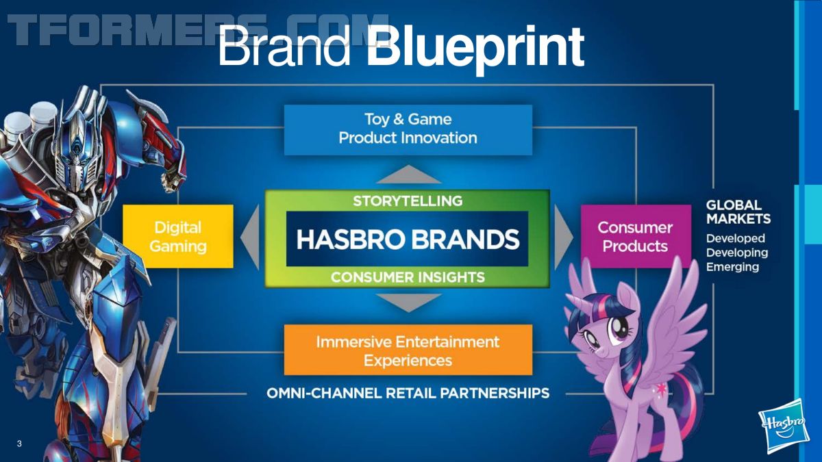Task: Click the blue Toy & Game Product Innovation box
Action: [x=408, y=130]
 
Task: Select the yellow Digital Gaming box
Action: [x=178, y=236]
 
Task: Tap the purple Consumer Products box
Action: [x=636, y=236]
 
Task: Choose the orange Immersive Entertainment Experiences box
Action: [x=408, y=350]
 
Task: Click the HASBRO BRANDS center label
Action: [x=408, y=239]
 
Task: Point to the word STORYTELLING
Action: [x=408, y=201]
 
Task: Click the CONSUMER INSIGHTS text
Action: [x=408, y=277]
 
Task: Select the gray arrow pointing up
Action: [x=408, y=175]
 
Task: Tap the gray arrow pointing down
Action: [x=408, y=303]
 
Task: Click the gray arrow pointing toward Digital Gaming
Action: [x=250, y=238]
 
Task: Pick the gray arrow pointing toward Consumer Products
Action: [x=564, y=238]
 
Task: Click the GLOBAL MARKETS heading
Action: [x=738, y=212]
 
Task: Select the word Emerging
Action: [x=732, y=267]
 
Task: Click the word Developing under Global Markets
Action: [x=737, y=253]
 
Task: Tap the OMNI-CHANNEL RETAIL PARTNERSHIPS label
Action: [x=408, y=394]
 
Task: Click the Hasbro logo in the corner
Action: [x=784, y=427]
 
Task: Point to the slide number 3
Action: [x=19, y=444]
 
